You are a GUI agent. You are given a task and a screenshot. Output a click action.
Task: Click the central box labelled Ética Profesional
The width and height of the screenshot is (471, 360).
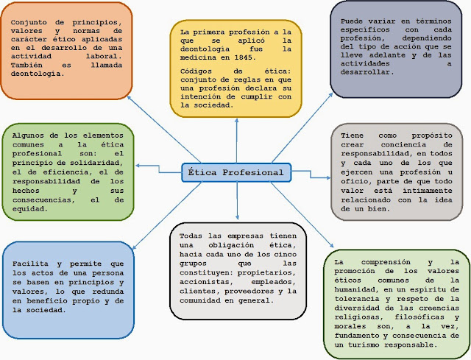tap(235, 172)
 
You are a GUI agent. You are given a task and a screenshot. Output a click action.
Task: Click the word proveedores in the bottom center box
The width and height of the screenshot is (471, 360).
tap(238, 291)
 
